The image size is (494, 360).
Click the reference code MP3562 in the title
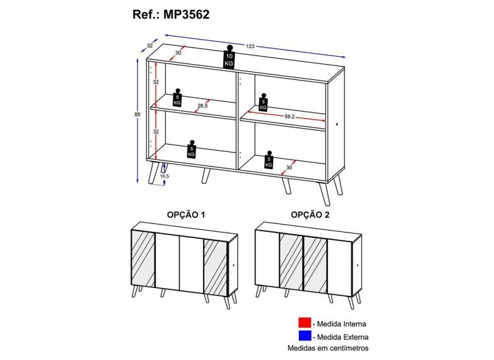(x=186, y=15)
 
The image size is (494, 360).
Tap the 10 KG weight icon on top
(x=229, y=57)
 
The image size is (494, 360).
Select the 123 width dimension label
(x=250, y=46)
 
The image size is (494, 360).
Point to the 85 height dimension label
(x=137, y=115)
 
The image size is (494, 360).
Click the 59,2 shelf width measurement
(x=289, y=117)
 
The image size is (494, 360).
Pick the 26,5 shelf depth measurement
(x=202, y=106)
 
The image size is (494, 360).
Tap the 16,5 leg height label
(x=164, y=176)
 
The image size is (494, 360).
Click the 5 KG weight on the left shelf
(x=177, y=98)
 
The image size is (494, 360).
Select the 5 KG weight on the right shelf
(x=263, y=102)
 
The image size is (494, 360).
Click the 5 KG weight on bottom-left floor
(x=192, y=149)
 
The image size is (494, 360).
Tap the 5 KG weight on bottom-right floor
(x=269, y=159)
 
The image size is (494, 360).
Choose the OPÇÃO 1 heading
(x=186, y=215)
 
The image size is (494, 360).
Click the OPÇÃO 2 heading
(x=310, y=215)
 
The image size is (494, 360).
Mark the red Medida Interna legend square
(x=305, y=323)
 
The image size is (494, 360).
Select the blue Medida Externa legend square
(x=305, y=336)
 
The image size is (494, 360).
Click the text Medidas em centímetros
(x=328, y=348)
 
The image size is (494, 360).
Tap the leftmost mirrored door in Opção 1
(x=143, y=259)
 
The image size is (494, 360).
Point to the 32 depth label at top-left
(x=149, y=45)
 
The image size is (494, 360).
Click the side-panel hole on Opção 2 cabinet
(x=357, y=265)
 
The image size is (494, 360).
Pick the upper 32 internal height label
(x=156, y=82)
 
